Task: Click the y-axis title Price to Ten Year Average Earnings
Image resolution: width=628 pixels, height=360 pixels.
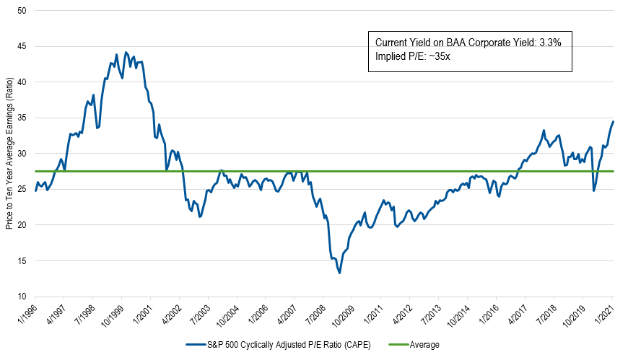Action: pos(8,154)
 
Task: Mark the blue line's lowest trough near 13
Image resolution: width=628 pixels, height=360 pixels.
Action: pos(339,273)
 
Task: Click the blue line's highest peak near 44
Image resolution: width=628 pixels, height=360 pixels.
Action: pos(126,52)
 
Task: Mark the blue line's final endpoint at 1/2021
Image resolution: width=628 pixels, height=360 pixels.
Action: pos(613,121)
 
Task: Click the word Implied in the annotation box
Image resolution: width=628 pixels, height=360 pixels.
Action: pos(392,56)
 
